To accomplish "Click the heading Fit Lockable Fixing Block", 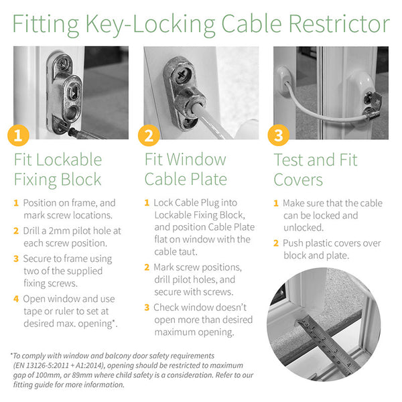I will (58, 170).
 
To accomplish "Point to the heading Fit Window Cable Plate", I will (186, 170).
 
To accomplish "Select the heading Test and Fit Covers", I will (315, 170).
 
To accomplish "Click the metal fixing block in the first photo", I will (64, 94).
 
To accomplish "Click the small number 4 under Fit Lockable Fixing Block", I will (16, 299).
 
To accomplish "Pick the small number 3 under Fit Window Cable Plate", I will (147, 308).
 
